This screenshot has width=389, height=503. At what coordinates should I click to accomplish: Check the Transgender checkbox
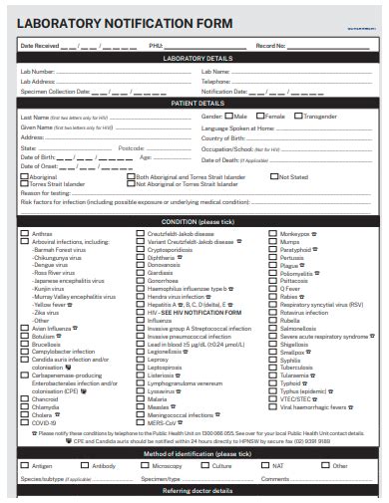click(x=298, y=117)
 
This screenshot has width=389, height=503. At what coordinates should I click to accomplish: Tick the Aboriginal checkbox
click(x=25, y=177)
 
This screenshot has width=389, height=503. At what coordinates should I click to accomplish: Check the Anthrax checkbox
click(x=25, y=234)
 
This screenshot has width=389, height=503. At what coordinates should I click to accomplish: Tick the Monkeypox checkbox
click(x=273, y=234)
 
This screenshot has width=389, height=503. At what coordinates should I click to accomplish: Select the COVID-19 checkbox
click(x=25, y=422)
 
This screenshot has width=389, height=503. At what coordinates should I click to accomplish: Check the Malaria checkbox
click(x=141, y=398)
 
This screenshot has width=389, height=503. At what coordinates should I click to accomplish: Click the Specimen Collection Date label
click(x=55, y=91)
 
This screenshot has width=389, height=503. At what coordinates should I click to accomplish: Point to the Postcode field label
click(x=131, y=147)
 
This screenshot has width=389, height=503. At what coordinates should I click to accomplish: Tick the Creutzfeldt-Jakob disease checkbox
click(x=141, y=234)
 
